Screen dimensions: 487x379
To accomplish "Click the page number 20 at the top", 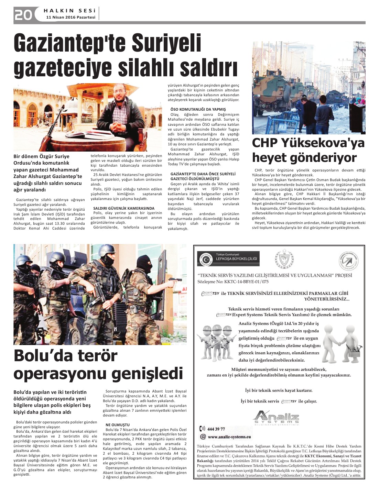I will (x=23, y=14).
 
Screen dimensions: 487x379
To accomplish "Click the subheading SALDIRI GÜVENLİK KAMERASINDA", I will (x=123, y=208).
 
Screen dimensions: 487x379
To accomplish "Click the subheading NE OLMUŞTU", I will (x=118, y=425).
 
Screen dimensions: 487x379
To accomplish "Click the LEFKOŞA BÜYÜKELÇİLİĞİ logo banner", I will (x=228, y=258).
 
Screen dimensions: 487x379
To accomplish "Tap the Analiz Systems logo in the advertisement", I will (x=277, y=418).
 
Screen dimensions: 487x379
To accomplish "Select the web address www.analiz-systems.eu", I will (x=229, y=437).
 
